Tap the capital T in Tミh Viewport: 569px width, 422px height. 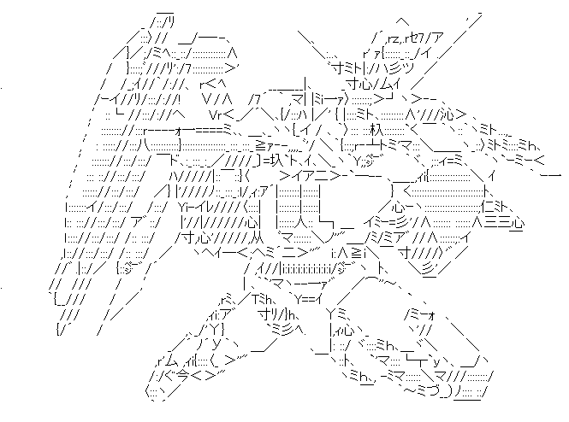(257, 297)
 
